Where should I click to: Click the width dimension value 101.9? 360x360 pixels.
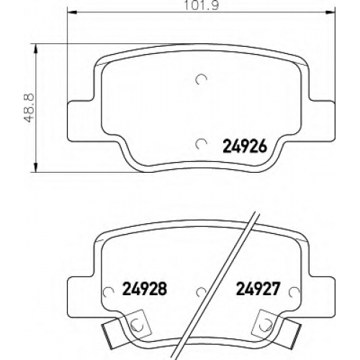(201, 5)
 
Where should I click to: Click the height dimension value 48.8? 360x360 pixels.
(30, 108)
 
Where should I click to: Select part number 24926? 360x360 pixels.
(245, 146)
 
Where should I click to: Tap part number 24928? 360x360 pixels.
(145, 289)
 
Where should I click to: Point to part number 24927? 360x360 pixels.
(258, 289)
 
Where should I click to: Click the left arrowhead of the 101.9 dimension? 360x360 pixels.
(71, 12)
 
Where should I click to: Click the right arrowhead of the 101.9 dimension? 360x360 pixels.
(330, 12)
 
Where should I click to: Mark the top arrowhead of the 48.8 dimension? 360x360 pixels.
(36, 49)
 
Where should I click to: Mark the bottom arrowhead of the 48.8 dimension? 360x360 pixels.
(36, 167)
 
